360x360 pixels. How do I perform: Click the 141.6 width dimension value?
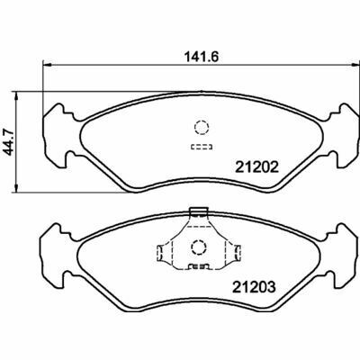click(x=201, y=57)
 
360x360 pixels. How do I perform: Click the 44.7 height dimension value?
click(x=9, y=141)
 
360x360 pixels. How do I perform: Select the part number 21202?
click(x=256, y=167)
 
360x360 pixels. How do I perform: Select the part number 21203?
click(x=254, y=287)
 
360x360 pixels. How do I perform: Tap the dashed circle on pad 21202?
click(x=202, y=127)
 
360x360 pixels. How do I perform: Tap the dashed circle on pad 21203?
click(x=198, y=247)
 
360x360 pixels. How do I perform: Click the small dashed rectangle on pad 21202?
click(x=202, y=147)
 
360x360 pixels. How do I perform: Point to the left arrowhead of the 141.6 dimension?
click(x=48, y=65)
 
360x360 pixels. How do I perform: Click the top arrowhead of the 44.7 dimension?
click(x=17, y=96)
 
